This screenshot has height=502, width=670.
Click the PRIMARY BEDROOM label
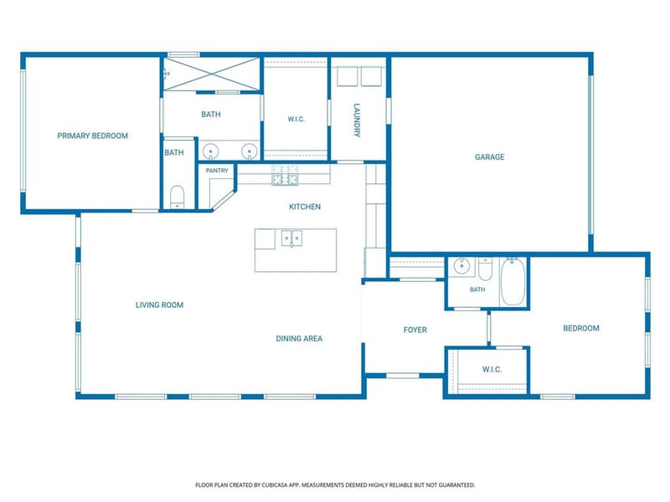[93, 136]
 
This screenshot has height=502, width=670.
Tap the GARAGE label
[490, 157]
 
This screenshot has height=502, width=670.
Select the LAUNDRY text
[358, 120]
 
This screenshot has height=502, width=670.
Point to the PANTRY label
[217, 171]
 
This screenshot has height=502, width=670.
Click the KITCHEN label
[305, 207]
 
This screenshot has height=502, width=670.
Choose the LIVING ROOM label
[159, 305]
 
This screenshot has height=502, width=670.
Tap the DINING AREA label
[299, 339]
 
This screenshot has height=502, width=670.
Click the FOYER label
[415, 330]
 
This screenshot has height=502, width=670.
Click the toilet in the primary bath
[177, 197]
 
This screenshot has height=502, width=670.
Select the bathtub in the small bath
[513, 281]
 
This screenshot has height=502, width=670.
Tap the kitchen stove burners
[285, 175]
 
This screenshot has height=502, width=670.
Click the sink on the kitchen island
[291, 238]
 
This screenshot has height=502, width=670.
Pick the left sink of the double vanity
[211, 151]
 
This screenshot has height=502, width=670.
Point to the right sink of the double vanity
[249, 151]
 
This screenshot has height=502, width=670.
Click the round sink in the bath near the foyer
[461, 266]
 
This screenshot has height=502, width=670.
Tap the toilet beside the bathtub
[485, 269]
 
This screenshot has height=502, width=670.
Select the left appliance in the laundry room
[347, 77]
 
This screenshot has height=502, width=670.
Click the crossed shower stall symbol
[212, 74]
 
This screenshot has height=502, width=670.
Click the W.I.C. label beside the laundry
[296, 119]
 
